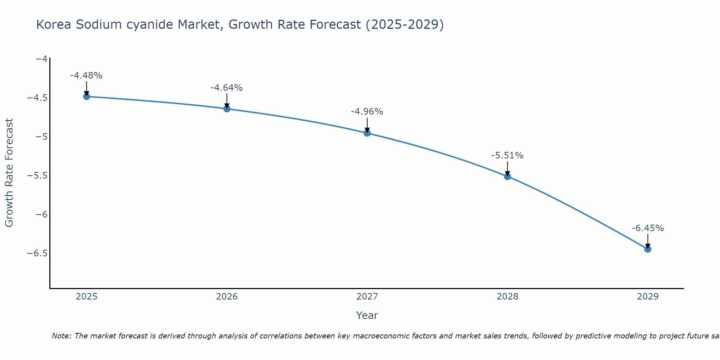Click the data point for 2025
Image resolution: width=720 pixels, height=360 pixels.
click(86, 96)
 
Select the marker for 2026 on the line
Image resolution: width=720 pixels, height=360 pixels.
click(227, 109)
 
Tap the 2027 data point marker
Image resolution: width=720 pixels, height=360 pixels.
click(367, 133)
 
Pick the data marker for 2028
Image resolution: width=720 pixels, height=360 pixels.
click(508, 176)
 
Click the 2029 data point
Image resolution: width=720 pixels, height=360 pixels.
click(648, 249)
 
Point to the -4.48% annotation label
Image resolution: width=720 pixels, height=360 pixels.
click(86, 76)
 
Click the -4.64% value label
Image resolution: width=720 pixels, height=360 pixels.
click(226, 88)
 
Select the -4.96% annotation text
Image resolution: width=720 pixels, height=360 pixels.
click(367, 112)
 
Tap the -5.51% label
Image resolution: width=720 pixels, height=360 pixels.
click(507, 156)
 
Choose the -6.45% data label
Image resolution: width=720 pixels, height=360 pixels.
click(648, 228)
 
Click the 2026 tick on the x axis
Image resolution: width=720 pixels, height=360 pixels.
click(227, 297)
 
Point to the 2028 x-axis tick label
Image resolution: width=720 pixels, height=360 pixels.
click(508, 297)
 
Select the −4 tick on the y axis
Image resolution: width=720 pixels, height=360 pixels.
click(41, 59)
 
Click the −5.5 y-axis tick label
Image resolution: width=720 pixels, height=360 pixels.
click(37, 176)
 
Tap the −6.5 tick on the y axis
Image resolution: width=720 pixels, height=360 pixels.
click(37, 253)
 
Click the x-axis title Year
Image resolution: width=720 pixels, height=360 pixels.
click(367, 315)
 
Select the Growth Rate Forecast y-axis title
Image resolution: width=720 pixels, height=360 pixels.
click(9, 173)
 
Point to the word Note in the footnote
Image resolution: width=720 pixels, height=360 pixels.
click(61, 336)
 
